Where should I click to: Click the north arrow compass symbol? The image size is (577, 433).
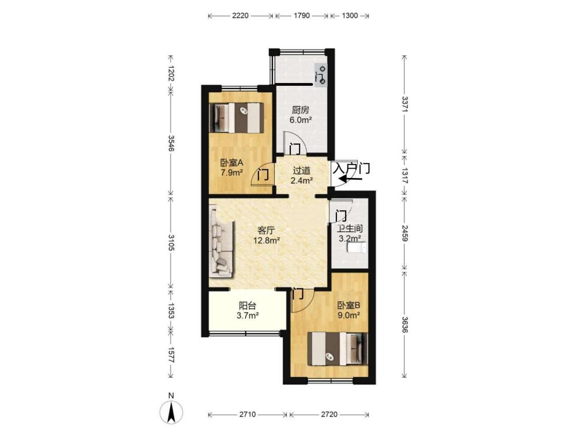point(171,411)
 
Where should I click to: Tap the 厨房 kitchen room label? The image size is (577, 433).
point(301,110)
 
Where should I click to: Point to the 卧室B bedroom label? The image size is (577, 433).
point(349,305)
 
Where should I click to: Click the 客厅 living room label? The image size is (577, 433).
point(266,230)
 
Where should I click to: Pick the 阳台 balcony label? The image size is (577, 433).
point(247,305)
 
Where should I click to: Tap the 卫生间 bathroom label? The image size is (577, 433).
point(350,229)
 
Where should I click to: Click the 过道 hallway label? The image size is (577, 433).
point(302,170)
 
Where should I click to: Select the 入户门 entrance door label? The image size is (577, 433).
point(351,169)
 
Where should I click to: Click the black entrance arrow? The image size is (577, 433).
point(351,179)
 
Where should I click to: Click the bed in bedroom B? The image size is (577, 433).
point(338,349)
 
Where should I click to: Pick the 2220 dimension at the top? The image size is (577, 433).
point(241,15)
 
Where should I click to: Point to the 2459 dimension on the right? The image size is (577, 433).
point(405,233)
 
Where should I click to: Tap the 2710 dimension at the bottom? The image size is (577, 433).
point(247,414)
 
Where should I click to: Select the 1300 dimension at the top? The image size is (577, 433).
point(350,15)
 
